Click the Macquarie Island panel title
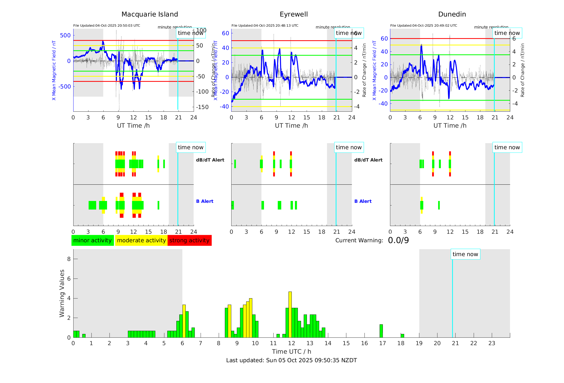[x=149, y=14]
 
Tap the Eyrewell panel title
[x=294, y=14]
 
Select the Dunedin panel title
[x=452, y=14]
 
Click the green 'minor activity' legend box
[x=92, y=240]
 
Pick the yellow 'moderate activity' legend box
[x=141, y=240]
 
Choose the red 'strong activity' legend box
[x=189, y=240]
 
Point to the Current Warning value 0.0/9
[x=398, y=240]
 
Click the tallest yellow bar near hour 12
[x=290, y=315]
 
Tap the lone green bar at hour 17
[x=381, y=331]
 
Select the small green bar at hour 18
[x=402, y=336]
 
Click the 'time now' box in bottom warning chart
[x=465, y=254]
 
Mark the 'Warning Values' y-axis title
[x=62, y=293]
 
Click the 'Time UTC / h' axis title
[x=291, y=352]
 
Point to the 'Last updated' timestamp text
[x=291, y=360]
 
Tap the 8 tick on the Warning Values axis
[x=69, y=259]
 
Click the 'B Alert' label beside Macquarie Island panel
[x=205, y=201]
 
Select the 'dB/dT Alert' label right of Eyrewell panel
[x=368, y=160]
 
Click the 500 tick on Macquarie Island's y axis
[x=65, y=35]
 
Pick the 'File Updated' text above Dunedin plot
[x=424, y=26]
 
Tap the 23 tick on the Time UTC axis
[x=492, y=343]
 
